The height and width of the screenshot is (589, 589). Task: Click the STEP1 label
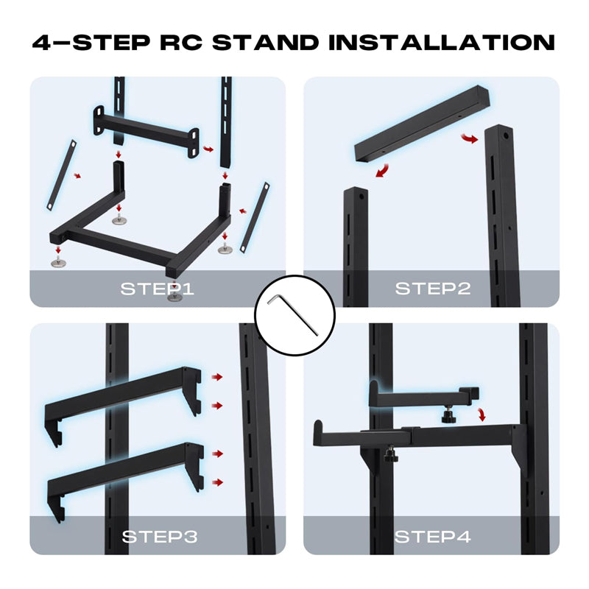pyautogui.click(x=157, y=288)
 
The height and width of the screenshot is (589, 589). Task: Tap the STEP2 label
pyautogui.click(x=432, y=288)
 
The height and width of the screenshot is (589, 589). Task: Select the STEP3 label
pyautogui.click(x=160, y=537)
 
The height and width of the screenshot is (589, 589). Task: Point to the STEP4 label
pyautogui.click(x=432, y=537)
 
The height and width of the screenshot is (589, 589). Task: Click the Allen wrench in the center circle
pyautogui.click(x=294, y=314)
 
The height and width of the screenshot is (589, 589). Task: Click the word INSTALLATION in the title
pyautogui.click(x=442, y=42)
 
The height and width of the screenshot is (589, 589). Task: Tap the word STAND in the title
pyautogui.click(x=265, y=42)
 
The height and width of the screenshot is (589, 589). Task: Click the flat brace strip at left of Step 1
pyautogui.click(x=61, y=174)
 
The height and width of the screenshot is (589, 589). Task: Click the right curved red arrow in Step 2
pyautogui.click(x=466, y=139)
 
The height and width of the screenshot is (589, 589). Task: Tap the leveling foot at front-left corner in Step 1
pyautogui.click(x=57, y=259)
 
